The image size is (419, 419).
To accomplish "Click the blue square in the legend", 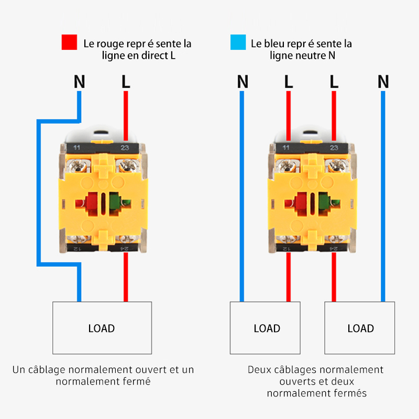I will (x=238, y=42).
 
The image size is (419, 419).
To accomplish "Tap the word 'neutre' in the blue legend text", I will (x=309, y=55).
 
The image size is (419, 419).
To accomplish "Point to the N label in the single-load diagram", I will (x=79, y=82).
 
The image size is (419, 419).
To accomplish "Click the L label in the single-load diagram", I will (x=126, y=82).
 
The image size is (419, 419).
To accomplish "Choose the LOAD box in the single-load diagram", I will (x=102, y=328).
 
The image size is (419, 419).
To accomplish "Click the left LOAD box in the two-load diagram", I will (x=267, y=328).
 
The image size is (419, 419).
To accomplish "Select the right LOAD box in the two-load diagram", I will (x=360, y=328).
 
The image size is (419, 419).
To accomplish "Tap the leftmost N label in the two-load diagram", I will (x=242, y=82).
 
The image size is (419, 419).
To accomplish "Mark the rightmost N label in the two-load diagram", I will (x=383, y=82).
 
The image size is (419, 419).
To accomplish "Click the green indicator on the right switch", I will (x=323, y=202).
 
